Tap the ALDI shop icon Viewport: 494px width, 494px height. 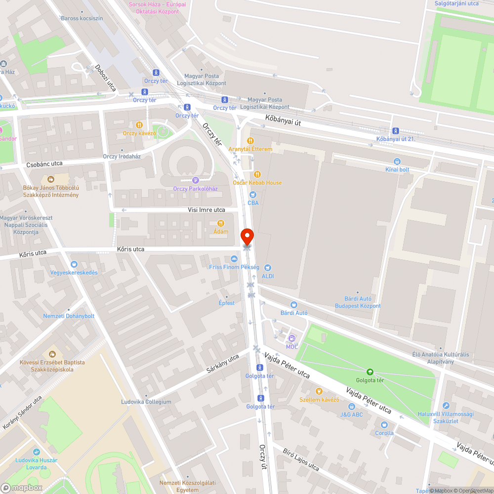pyautogui.click(x=268, y=268)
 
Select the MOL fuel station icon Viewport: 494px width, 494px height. pyautogui.click(x=292, y=338)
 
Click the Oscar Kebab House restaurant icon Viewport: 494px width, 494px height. pyautogui.click(x=257, y=174)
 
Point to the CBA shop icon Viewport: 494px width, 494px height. pyautogui.click(x=253, y=195)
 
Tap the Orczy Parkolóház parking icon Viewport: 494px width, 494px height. pyautogui.click(x=195, y=180)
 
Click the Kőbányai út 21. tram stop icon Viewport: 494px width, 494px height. pyautogui.click(x=395, y=131)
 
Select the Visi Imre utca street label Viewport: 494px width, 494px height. pyautogui.click(x=206, y=210)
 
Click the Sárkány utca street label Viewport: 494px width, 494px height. pyautogui.click(x=223, y=364)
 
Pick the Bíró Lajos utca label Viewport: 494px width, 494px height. pyautogui.click(x=301, y=459)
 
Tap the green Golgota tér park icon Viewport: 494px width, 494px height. pyautogui.click(x=370, y=371)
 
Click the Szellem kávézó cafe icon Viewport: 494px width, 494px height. pyautogui.click(x=319, y=391)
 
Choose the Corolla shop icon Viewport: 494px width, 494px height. pyautogui.click(x=384, y=424)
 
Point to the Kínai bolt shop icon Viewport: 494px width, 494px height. pyautogui.click(x=397, y=161)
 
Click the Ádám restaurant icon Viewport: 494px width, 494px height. pyautogui.click(x=220, y=223)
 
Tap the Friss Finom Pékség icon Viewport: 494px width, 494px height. pyautogui.click(x=234, y=258)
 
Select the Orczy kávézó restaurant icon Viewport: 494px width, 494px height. pyautogui.click(x=139, y=125)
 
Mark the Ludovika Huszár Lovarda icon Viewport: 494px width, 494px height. pyautogui.click(x=36, y=452)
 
